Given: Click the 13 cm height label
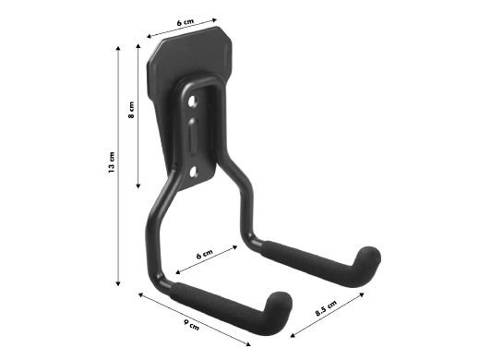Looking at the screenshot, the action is coord(112,162).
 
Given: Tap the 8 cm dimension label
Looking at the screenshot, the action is coord(131,110).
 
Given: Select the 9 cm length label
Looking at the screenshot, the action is coord(191,325).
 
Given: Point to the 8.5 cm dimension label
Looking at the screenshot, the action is coord(326,308).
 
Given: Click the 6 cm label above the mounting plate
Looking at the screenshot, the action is coord(186,22).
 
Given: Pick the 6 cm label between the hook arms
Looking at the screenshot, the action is coord(205,255).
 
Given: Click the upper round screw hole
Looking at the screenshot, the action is coord(192,101).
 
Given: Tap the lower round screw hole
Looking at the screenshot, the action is coord(194,172).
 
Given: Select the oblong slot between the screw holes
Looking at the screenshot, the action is coord(193,136).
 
